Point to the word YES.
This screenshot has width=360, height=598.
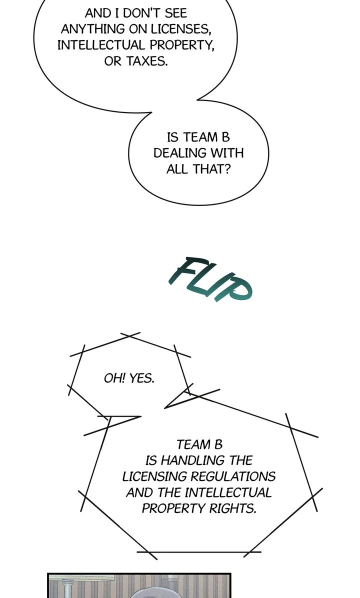coord(142,378)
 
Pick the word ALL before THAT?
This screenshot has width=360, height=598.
coord(177,169)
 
